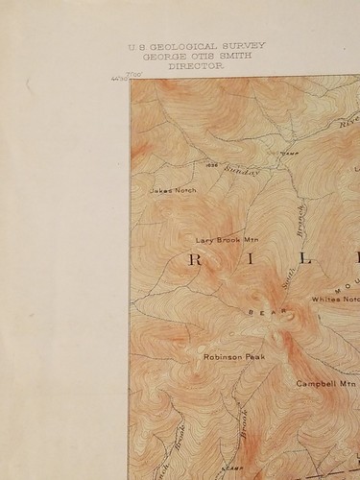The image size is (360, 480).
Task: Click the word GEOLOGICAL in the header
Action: point(187,45)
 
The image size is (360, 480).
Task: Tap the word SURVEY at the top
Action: point(243,45)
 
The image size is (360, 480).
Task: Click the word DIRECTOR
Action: point(195,67)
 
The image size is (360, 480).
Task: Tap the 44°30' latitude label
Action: point(116,79)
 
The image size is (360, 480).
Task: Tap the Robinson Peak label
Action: point(233,357)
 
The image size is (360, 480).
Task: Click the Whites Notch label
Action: point(336,299)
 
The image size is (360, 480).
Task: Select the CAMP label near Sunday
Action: point(288,154)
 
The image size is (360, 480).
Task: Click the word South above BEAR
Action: point(289,277)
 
